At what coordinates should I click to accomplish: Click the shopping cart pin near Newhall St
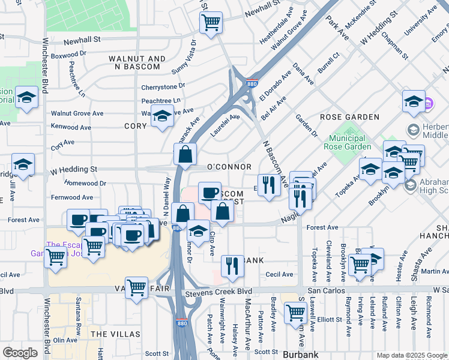coord(211,23)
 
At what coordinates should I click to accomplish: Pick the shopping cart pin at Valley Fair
coord(137,287)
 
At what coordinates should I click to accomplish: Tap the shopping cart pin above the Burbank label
coord(295,312)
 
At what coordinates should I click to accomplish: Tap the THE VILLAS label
coord(115,334)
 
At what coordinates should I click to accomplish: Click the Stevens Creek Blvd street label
coord(218,292)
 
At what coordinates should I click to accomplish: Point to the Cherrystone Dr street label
coord(163,86)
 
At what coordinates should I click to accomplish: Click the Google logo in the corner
coord(20,353)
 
